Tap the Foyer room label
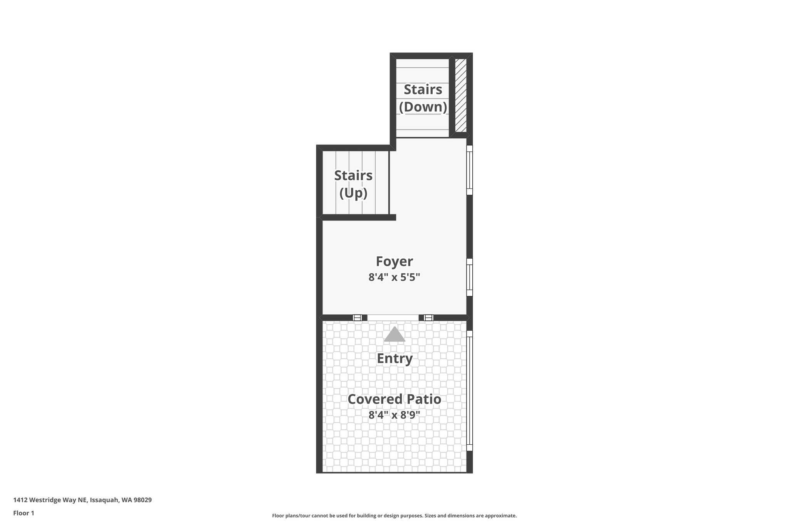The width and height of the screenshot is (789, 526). coord(394,261)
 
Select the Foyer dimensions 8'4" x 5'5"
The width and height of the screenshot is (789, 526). coord(394,277)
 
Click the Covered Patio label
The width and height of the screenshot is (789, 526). coord(394,399)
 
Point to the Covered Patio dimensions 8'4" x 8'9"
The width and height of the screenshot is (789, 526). coord(394,415)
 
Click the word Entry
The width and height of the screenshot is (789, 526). coord(394,358)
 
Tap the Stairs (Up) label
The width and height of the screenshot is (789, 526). coord(353,184)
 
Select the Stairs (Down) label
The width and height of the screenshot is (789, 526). coord(423,98)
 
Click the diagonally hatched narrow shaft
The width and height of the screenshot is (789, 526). coord(461,95)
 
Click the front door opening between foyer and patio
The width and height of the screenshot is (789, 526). coord(393,318)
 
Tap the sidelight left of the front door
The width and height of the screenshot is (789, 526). coord(357,318)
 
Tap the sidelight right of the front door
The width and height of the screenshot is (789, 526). coord(428,318)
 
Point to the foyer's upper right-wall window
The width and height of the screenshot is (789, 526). coord(470,170)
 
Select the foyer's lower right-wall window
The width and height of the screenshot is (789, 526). coord(470,277)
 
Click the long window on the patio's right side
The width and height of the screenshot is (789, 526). coord(470,390)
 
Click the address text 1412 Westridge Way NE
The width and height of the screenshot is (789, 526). coord(82,500)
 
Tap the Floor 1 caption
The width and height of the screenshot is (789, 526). coord(24,513)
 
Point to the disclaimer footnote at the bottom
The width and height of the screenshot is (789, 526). coord(394,516)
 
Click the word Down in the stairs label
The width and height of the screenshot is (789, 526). coord(423,107)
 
